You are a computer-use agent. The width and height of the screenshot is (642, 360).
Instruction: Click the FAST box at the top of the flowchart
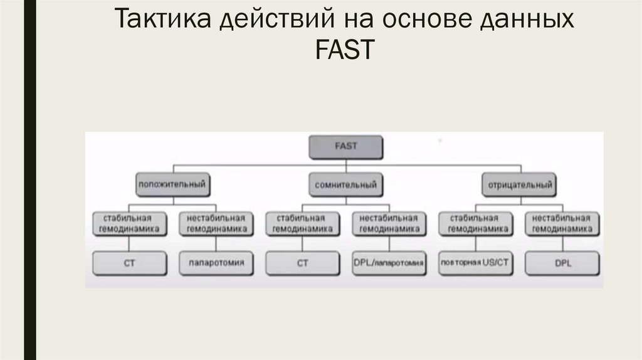(x=345, y=147)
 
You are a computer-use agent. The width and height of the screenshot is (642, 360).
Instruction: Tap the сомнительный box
(x=345, y=185)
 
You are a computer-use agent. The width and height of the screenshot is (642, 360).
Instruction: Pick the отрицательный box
(x=518, y=185)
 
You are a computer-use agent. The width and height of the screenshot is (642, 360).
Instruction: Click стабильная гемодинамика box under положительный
(x=130, y=224)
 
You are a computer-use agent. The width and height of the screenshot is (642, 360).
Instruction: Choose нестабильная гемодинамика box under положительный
(x=216, y=224)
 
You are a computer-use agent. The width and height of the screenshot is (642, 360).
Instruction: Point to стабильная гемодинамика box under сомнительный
(x=303, y=224)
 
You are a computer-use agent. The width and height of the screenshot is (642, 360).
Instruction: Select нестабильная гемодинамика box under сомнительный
(x=389, y=224)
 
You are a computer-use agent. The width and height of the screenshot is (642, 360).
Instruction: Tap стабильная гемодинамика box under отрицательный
(x=475, y=224)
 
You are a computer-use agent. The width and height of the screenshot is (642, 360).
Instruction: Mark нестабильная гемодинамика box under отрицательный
(x=562, y=224)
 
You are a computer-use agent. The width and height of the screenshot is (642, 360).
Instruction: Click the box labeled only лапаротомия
(x=216, y=263)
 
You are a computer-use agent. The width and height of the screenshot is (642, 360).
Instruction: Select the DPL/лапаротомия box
(x=389, y=263)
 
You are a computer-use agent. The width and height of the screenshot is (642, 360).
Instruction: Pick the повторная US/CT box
(x=475, y=263)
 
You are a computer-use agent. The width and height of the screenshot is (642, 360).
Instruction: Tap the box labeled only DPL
(x=562, y=263)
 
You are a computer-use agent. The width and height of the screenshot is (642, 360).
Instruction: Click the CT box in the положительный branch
(x=130, y=263)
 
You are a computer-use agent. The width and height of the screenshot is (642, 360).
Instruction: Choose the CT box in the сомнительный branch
(x=303, y=263)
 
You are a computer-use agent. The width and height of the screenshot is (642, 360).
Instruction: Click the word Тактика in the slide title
(x=163, y=21)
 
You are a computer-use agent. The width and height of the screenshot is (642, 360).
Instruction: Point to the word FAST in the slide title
(x=345, y=50)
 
